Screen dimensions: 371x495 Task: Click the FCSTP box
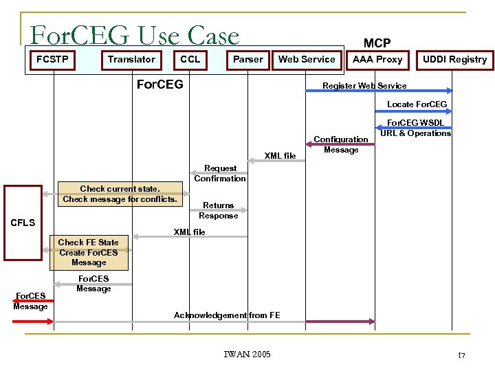(53, 59)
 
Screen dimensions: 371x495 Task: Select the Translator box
(131, 59)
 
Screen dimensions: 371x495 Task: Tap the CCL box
(190, 59)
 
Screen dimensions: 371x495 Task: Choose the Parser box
(247, 59)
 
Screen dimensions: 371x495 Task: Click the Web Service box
(307, 59)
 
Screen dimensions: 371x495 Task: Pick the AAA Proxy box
(377, 59)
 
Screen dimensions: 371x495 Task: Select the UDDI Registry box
(454, 60)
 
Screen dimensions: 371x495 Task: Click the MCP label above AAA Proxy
(377, 43)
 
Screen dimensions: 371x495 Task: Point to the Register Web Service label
(364, 86)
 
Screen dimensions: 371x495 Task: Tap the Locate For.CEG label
(417, 104)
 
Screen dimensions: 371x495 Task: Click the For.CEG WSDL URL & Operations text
(416, 128)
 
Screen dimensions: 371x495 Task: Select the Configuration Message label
(341, 144)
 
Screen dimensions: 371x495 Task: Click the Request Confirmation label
(220, 173)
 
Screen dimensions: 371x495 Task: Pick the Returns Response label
(219, 210)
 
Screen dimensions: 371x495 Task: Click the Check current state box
(120, 194)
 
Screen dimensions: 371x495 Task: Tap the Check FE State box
(89, 252)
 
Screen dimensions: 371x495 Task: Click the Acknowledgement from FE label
(227, 315)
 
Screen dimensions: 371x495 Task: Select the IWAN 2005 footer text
(247, 355)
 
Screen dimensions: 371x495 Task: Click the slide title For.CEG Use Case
(135, 35)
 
